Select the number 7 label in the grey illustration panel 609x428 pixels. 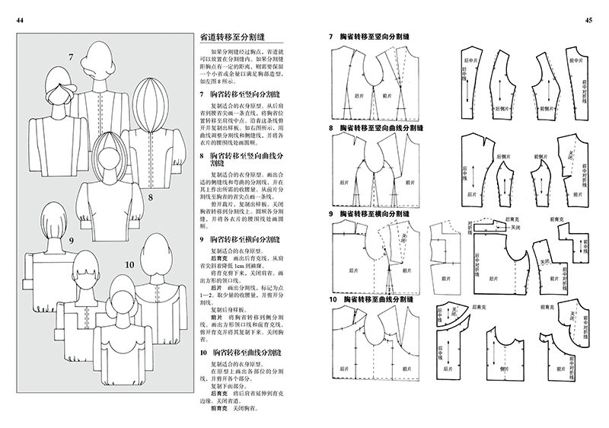point(70,57)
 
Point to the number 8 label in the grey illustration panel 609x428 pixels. point(151,199)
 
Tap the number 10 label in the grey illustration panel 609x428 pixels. point(129,264)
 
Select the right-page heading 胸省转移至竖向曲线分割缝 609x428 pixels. point(380,128)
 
